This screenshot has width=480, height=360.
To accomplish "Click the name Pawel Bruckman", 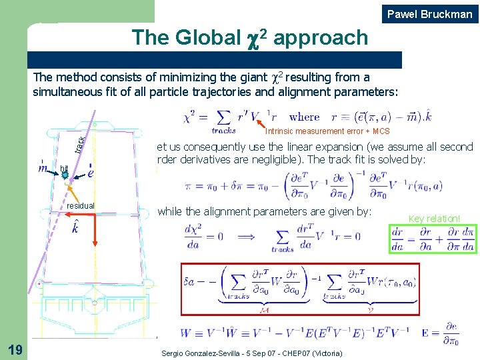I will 430,14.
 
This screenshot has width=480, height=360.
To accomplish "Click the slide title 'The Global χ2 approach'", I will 249,37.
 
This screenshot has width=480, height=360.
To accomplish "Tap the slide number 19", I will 15,349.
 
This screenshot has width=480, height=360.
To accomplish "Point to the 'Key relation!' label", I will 434,218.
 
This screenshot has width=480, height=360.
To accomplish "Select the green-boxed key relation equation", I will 433,239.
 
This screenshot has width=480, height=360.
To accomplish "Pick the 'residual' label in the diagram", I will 81,206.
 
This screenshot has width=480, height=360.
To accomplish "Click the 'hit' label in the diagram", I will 63,167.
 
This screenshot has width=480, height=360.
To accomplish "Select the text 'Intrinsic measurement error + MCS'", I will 327,131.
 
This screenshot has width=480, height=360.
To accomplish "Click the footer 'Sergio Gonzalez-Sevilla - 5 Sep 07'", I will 252,353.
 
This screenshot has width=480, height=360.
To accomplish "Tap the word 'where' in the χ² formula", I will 305,117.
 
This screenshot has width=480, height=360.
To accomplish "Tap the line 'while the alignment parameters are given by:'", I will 264,211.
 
